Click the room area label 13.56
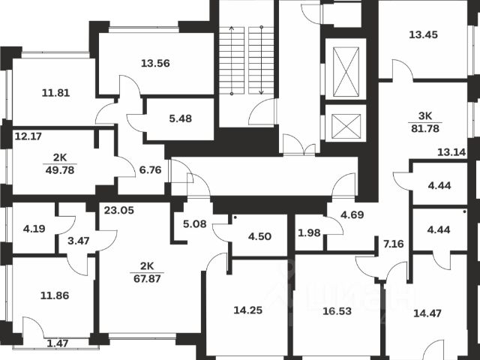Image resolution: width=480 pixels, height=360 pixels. pyautogui.click(x=155, y=63)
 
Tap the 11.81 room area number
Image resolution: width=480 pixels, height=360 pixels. pyautogui.click(x=55, y=94)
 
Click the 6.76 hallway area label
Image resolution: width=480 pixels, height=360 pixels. pyautogui.click(x=151, y=169)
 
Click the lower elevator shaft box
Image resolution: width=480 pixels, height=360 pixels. pyautogui.click(x=345, y=124)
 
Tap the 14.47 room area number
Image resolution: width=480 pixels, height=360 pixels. pyautogui.click(x=427, y=310)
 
